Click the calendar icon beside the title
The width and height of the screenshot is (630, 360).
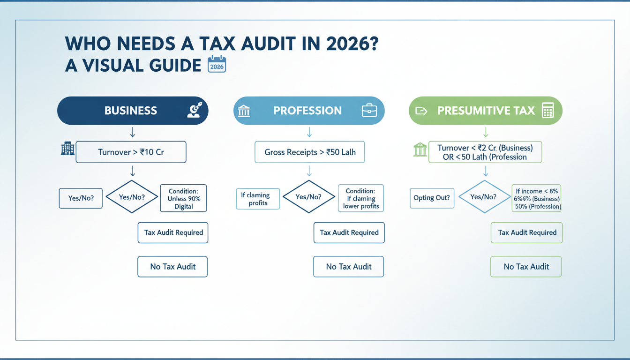click(x=217, y=65)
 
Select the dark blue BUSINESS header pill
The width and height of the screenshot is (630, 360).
click(x=133, y=111)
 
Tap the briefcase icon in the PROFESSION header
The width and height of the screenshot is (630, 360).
click(x=369, y=111)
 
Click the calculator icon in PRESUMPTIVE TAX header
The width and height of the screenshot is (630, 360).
click(x=547, y=111)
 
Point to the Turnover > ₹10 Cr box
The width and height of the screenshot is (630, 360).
click(x=131, y=152)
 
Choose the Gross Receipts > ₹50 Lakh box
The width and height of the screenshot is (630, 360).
click(x=309, y=152)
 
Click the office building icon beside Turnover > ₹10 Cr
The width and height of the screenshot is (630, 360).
click(x=67, y=149)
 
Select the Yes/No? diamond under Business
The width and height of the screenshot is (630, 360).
click(x=132, y=197)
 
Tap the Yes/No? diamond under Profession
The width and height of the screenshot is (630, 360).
click(x=308, y=197)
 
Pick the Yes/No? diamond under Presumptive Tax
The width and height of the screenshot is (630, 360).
click(x=483, y=197)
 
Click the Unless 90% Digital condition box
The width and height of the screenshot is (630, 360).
click(x=183, y=198)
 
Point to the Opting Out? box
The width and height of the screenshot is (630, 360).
click(x=431, y=198)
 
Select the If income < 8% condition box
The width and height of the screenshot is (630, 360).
click(x=537, y=198)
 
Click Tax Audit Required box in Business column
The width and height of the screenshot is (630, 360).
click(x=173, y=232)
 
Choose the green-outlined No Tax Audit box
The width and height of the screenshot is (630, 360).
click(x=526, y=267)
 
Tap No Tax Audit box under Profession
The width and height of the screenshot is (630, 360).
click(x=348, y=267)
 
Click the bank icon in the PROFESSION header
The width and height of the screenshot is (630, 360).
click(x=244, y=111)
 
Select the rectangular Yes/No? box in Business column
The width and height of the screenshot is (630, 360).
click(x=81, y=198)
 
